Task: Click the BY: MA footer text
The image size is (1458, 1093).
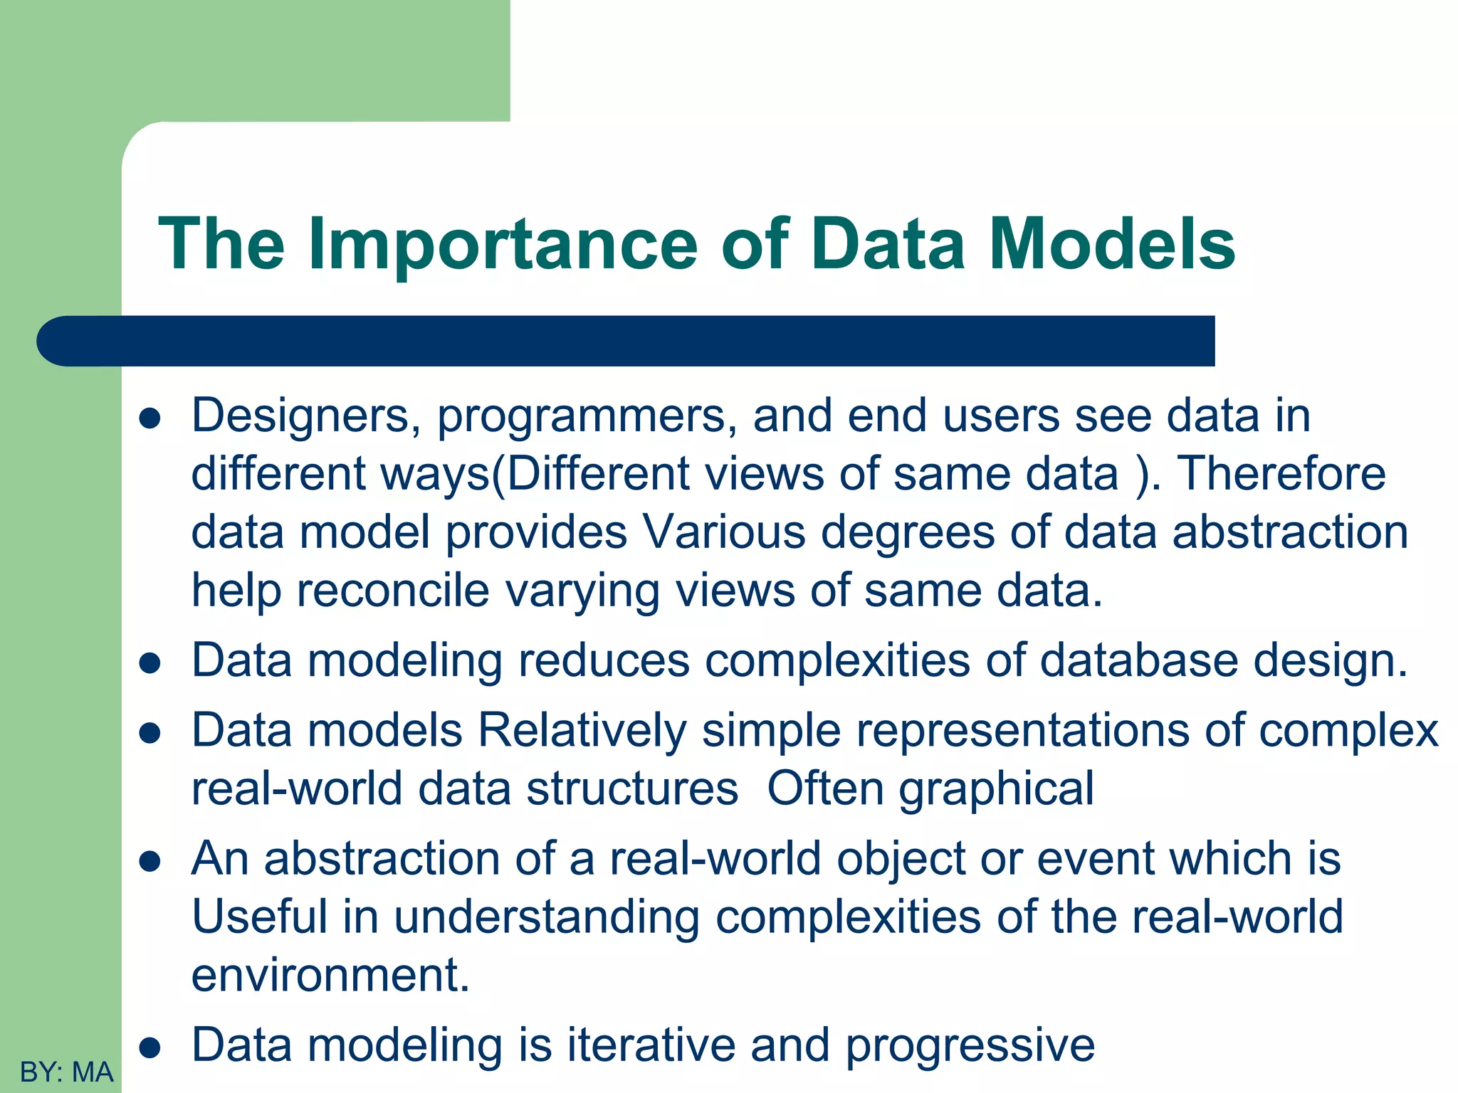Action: [66, 1072]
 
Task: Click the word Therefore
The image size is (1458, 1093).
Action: [1281, 474]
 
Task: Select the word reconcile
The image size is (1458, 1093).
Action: [393, 591]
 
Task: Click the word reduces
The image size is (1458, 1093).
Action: [604, 660]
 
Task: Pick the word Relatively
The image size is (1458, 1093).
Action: [582, 732]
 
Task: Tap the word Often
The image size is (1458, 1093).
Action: [825, 788]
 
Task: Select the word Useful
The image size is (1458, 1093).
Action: [259, 917]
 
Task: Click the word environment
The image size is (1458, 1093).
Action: [330, 975]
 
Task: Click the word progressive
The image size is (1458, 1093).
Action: [970, 1047]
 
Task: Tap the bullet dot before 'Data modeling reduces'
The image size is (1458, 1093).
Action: [150, 663]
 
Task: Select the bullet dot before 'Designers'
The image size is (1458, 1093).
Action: [150, 419]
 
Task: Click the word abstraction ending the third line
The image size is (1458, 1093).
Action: [1290, 532]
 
